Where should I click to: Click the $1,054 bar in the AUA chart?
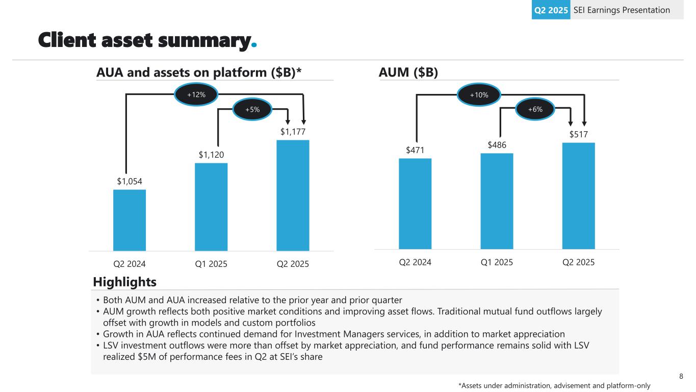(130, 220)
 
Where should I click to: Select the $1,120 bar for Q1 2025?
(211, 207)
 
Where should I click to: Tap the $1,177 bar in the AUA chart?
(293, 195)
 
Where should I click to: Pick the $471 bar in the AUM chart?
(415, 204)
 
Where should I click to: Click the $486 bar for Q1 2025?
(497, 201)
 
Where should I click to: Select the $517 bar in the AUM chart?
(578, 195)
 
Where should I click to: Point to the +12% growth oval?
(196, 95)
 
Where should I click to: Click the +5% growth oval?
(252, 109)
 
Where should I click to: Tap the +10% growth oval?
(479, 94)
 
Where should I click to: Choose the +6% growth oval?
(535, 109)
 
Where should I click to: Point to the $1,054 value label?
(130, 182)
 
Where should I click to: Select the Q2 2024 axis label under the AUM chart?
(415, 262)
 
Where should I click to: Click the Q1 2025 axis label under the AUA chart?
(211, 264)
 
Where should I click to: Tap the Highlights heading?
(124, 282)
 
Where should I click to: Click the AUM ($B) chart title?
(408, 72)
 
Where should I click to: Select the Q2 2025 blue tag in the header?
(551, 10)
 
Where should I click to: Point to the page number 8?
(681, 377)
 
